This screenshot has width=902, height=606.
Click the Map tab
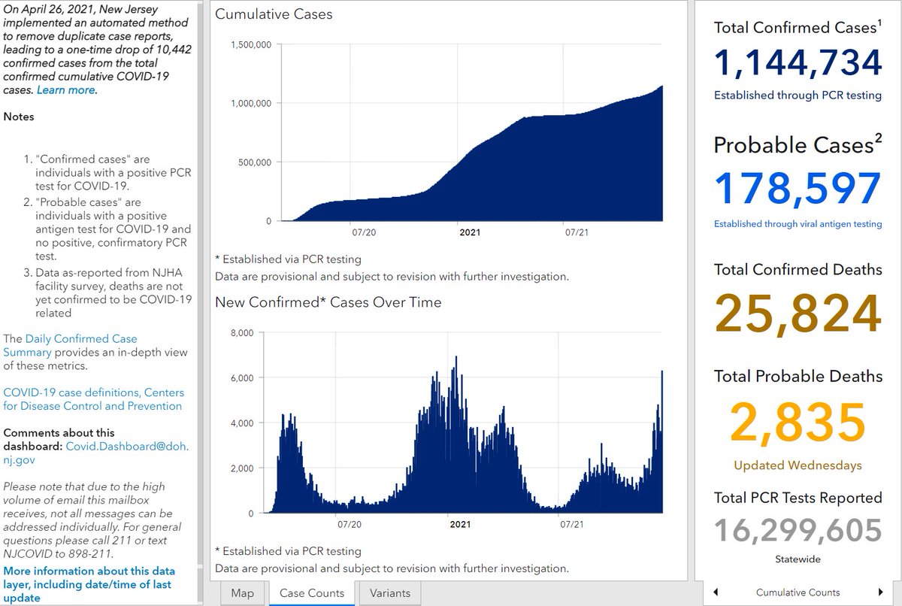(242, 593)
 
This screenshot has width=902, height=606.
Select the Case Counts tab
(312, 593)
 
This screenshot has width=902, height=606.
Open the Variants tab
(390, 593)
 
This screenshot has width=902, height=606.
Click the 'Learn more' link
(66, 90)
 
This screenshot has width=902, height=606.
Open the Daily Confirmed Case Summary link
(71, 346)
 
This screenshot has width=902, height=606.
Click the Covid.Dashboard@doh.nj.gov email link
(96, 453)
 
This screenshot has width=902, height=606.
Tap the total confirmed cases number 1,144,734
(798, 63)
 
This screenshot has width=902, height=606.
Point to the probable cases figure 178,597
(798, 189)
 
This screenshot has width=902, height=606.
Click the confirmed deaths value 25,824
(798, 314)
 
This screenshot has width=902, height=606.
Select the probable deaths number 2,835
(798, 422)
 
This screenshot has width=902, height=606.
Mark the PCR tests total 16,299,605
(798, 530)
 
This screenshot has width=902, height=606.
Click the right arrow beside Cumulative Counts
(880, 592)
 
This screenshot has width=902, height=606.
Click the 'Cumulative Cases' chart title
(274, 14)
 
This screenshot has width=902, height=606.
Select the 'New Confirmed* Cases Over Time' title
(328, 302)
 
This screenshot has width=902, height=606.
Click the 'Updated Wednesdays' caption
(798, 465)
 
